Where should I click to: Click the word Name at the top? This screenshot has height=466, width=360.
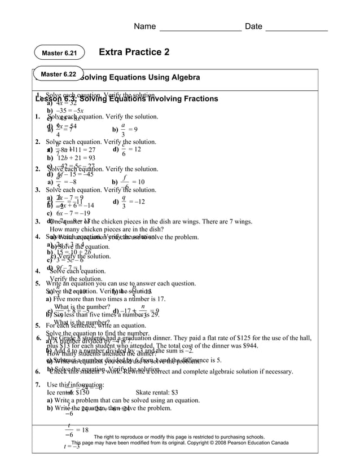tap(144, 27)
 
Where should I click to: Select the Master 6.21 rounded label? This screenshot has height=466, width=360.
tap(59, 54)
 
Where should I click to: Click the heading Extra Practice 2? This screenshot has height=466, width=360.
tap(134, 52)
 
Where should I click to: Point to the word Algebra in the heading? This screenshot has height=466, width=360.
tap(183, 77)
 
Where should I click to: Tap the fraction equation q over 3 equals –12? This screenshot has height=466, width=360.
tap(129, 202)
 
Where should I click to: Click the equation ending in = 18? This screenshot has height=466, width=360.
tap(77, 430)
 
